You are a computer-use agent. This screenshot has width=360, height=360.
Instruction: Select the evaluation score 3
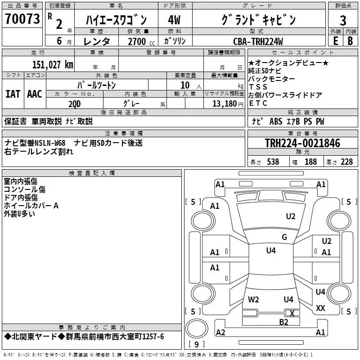343,21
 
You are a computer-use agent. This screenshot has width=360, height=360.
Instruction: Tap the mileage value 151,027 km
53,64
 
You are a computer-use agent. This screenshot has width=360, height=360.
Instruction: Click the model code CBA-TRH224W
258,41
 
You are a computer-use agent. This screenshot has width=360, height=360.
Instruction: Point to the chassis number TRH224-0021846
302,143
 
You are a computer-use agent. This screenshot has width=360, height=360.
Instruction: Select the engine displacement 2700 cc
137,41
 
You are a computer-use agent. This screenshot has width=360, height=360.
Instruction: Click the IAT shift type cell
13,94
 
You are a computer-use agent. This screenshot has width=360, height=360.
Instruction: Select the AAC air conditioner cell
35,94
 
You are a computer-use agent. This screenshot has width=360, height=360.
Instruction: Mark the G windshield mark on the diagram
284,237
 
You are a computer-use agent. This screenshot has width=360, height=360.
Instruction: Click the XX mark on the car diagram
320,308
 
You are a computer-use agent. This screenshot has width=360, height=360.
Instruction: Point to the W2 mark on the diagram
254,299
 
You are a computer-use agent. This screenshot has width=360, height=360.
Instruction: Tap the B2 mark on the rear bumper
283,322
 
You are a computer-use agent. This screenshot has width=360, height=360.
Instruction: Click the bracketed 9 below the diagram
196,344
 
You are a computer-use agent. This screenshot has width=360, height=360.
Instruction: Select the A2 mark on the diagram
220,333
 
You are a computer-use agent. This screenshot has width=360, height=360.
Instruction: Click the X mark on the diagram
292,313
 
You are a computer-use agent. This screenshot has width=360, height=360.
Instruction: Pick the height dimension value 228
346,162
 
